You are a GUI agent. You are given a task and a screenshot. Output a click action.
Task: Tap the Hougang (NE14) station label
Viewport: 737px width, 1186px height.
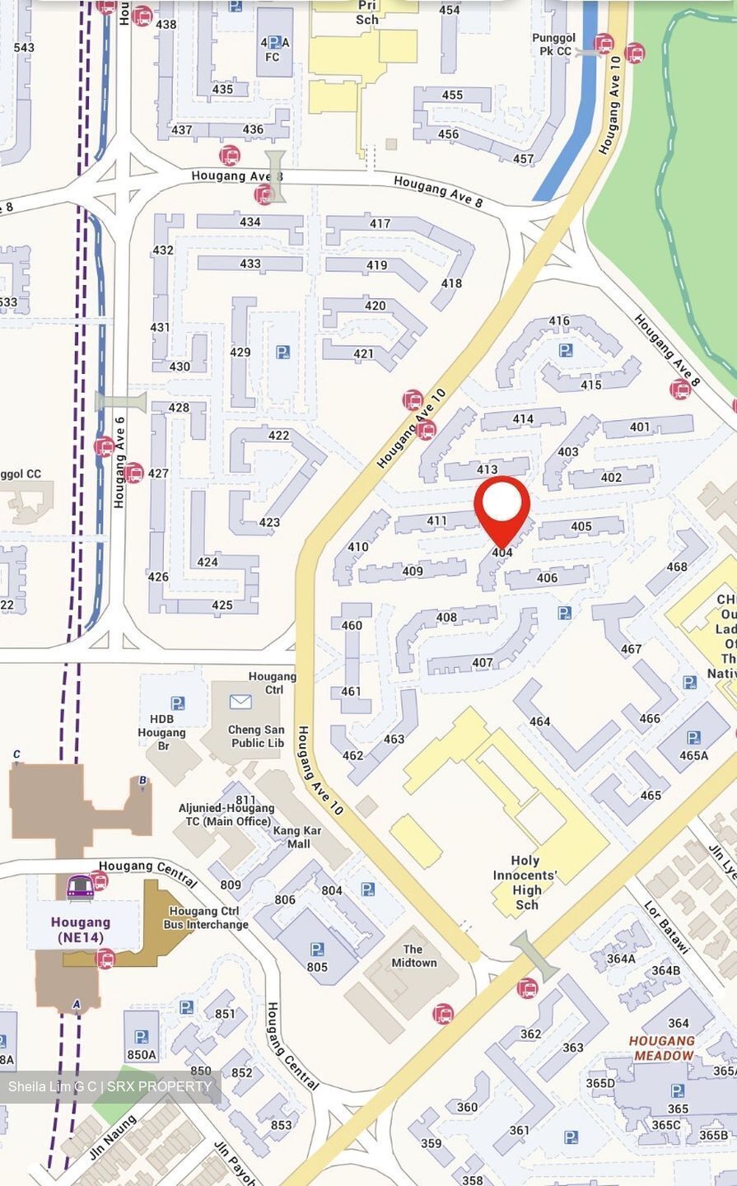[81, 929]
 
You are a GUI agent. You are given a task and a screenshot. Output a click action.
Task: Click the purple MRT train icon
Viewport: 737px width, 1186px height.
[79, 886]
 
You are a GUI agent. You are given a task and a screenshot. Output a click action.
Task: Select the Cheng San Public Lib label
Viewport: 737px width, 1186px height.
[257, 735]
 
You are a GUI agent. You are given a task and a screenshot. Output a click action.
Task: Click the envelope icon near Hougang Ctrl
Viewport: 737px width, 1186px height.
[240, 702]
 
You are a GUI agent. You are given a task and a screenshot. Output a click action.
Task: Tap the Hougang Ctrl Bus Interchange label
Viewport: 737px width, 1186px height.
[208, 918]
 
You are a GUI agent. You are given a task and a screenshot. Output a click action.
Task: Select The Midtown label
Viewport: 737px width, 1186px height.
[413, 955]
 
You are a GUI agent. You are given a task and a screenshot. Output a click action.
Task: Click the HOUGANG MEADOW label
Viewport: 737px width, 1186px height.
[662, 1048]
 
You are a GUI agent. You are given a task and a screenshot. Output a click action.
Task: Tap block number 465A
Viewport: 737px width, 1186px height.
[693, 755]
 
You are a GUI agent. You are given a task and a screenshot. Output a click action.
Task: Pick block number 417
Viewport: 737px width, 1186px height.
[380, 223]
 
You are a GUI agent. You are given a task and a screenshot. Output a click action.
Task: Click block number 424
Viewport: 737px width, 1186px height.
[208, 562]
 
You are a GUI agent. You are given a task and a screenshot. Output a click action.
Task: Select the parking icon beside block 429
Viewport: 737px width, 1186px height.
[282, 353]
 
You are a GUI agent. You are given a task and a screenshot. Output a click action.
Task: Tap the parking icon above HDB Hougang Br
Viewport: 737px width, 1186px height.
[177, 703]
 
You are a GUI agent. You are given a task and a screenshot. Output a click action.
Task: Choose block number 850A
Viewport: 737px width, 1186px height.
[141, 1054]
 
